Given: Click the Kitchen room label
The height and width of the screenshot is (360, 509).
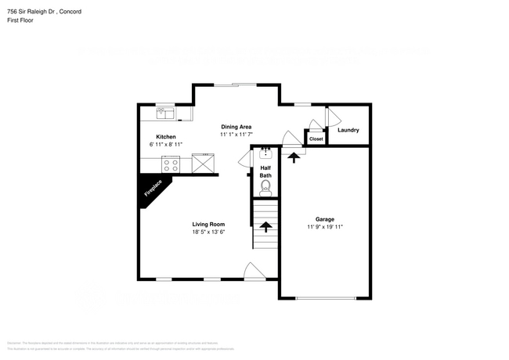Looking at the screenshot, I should point(166,137).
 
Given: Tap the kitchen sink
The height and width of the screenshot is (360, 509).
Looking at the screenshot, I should point(165,115).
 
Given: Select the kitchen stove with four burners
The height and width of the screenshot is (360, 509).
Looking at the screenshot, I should point(171,164).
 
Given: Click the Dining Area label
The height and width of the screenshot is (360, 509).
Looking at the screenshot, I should point(236,126).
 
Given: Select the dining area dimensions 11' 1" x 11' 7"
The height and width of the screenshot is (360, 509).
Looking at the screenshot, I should point(236,135).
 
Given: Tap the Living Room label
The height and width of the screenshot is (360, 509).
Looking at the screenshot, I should point(208,224).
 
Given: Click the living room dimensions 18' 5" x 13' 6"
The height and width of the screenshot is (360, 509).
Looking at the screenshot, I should point(208,232).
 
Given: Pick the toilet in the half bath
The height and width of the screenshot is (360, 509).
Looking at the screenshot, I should point(265,187).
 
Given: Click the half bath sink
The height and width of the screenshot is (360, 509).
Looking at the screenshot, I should point(265,154).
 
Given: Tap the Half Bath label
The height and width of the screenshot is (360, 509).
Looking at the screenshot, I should point(265,171).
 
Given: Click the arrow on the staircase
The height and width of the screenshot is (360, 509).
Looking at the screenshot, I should point(265,227).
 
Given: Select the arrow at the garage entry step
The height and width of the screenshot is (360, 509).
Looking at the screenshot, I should point(294,157).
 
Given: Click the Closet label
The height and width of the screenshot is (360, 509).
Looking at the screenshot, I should point(316,139).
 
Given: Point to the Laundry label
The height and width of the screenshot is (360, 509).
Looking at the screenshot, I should point(348,130).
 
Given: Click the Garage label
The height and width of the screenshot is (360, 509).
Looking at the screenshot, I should point(325,218).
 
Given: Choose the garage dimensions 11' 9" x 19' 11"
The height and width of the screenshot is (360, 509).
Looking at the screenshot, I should point(325,227).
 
